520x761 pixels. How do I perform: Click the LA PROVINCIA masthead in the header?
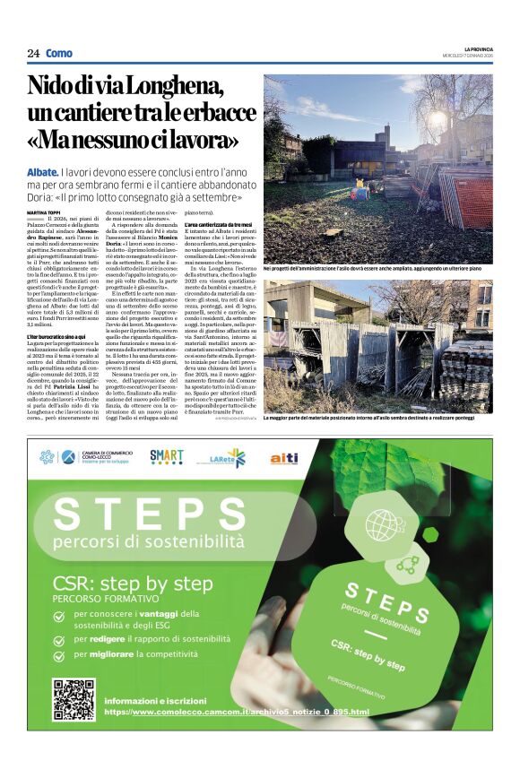click(x=476, y=48)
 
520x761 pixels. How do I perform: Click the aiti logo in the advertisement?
click(x=284, y=458)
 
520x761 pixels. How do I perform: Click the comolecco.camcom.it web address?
click(x=237, y=712)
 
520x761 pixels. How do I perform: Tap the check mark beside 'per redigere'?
click(x=59, y=639)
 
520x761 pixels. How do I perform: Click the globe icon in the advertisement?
click(x=383, y=523)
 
